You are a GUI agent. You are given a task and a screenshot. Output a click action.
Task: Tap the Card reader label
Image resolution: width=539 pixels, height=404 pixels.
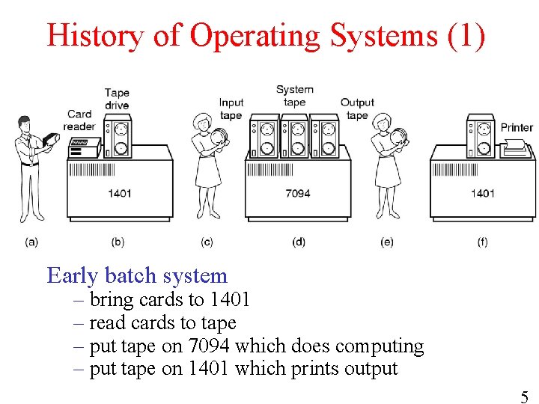coord(79,120)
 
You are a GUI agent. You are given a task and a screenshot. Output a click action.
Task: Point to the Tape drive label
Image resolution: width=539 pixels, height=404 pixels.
coord(117,99)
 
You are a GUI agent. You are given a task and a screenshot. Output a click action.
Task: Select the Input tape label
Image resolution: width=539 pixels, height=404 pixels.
coord(231,108)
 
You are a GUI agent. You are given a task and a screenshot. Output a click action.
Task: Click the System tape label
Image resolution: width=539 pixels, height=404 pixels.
coord(294,96)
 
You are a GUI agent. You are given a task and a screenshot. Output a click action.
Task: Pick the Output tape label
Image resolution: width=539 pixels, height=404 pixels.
coord(357,108)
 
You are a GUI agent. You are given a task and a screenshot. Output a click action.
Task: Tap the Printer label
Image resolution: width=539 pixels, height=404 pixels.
coord(517,127)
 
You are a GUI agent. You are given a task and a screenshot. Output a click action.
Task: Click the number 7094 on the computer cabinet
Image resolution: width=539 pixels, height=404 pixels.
coord(298,193)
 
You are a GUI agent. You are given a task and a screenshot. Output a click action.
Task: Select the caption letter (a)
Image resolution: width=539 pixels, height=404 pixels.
coord(31,242)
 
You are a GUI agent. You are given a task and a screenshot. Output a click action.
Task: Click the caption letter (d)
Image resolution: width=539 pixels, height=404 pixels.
coord(299,242)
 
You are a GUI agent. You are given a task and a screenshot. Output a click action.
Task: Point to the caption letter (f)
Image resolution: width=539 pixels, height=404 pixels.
coord(482,242)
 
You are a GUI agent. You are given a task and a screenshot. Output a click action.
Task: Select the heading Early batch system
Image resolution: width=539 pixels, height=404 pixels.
coord(137,275)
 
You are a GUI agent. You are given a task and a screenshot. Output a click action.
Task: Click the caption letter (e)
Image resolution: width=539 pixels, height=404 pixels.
coord(387,242)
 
